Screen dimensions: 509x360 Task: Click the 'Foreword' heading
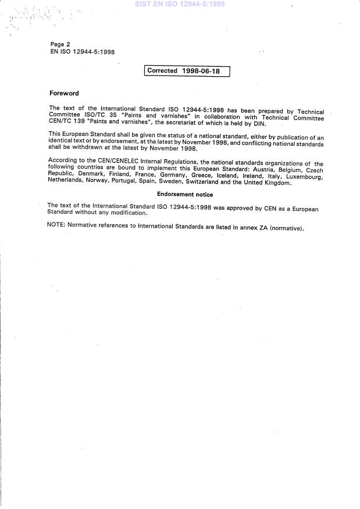[x=64, y=93]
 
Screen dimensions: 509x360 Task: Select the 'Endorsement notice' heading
[x=184, y=195]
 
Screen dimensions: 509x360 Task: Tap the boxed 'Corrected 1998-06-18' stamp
[x=187, y=71]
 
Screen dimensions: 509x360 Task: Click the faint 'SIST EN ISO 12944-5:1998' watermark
[x=179, y=4]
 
